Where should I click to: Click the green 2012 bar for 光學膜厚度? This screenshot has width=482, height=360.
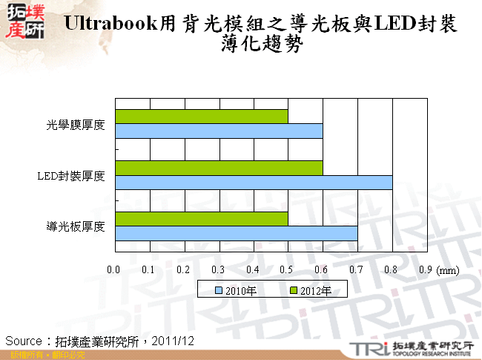(x=201, y=117)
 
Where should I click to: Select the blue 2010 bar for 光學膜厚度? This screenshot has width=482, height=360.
(x=219, y=131)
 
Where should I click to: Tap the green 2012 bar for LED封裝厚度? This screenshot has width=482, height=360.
(x=219, y=168)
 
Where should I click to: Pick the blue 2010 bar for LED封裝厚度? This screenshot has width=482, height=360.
(x=254, y=182)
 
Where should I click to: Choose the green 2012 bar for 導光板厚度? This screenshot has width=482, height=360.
(x=201, y=219)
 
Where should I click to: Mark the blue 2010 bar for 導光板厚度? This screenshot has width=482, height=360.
(x=236, y=233)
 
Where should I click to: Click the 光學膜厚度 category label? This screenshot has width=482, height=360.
(x=75, y=125)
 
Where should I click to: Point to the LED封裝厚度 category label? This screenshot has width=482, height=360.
(x=72, y=176)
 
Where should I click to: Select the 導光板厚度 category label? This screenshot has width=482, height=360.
(x=75, y=226)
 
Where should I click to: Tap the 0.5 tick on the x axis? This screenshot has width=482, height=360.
(x=287, y=270)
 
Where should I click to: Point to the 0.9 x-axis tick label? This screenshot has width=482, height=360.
(x=426, y=270)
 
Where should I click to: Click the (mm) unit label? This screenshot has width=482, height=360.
(x=449, y=271)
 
